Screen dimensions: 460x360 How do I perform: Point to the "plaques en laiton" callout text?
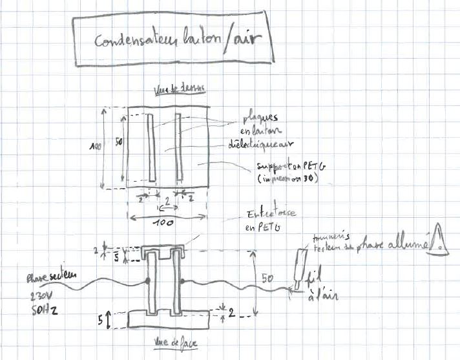pyautogui.click(x=258, y=124)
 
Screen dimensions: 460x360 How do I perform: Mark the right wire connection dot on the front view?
pyautogui.click(x=182, y=281)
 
